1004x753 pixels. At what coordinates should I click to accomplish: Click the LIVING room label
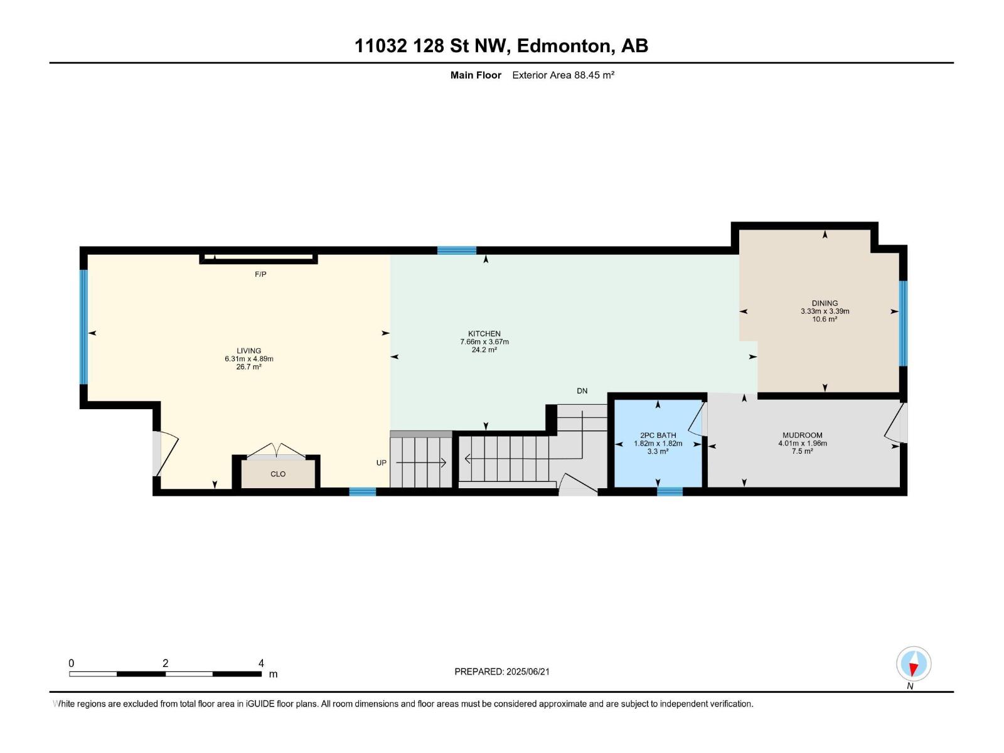[x=249, y=351]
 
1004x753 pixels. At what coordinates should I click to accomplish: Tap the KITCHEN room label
[x=484, y=334]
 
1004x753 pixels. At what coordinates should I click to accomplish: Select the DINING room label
[x=825, y=303]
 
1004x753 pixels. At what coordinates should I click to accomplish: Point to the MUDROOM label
[x=803, y=435]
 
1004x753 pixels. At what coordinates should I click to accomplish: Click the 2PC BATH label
[x=658, y=435]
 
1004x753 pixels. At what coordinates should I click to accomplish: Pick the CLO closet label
[x=278, y=474]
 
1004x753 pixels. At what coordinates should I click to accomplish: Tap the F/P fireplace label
[x=260, y=274]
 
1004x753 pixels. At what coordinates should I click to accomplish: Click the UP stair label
[x=381, y=462]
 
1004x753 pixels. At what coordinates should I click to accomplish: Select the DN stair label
[x=582, y=391]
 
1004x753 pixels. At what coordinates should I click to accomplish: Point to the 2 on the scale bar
[x=166, y=663]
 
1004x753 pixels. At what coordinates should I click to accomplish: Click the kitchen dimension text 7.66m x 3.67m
[x=484, y=342]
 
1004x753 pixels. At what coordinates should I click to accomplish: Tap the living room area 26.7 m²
[x=249, y=366]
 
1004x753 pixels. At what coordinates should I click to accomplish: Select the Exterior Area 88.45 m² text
[x=563, y=75]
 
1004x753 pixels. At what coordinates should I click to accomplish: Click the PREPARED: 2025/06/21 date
[x=502, y=671]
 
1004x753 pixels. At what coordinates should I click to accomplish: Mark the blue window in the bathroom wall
[x=670, y=491]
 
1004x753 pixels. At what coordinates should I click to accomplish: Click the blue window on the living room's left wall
[x=83, y=327]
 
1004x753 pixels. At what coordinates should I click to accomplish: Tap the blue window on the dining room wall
[x=903, y=323]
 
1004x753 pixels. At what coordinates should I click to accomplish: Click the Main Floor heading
[x=476, y=75]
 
